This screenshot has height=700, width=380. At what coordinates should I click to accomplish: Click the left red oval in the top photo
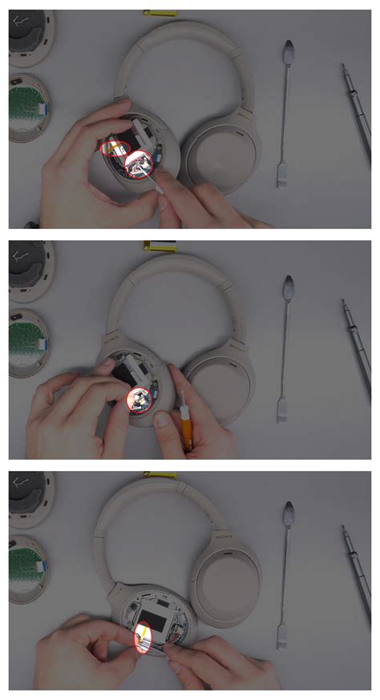pyautogui.click(x=115, y=147)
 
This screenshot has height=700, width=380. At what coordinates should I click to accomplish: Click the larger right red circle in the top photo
pyautogui.click(x=141, y=164)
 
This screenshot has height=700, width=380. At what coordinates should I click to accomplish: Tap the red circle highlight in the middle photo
pyautogui.click(x=139, y=398)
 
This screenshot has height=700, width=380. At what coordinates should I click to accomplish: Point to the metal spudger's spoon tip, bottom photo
pyautogui.click(x=288, y=513)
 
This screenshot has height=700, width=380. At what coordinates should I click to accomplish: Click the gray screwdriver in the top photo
pyautogui.click(x=356, y=112)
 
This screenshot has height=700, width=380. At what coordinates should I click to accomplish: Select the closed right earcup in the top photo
pyautogui.click(x=218, y=156)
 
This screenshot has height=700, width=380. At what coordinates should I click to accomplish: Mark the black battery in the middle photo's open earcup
pyautogui.click(x=131, y=372)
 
